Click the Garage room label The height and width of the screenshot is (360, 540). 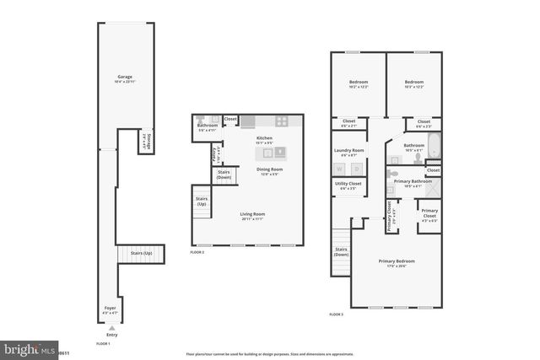[125, 78]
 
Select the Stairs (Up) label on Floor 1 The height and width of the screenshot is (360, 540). [141, 253]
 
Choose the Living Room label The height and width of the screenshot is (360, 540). [252, 217]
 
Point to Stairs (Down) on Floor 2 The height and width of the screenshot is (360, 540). [224, 175]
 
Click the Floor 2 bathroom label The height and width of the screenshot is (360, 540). [208, 127]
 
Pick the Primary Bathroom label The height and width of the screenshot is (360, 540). [414, 182]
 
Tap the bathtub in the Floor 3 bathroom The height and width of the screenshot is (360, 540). [433, 148]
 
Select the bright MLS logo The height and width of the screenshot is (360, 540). [25, 348]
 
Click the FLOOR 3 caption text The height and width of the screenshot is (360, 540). [336, 314]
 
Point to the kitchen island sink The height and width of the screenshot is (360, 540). [277, 153]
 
